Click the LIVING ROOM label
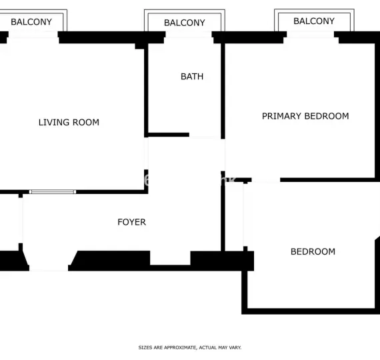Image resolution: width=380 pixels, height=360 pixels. [x=69, y=122]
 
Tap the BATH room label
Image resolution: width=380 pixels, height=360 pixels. [x=192, y=77]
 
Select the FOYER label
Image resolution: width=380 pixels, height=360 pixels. [x=131, y=222]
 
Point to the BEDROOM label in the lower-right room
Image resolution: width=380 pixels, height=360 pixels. [x=313, y=251]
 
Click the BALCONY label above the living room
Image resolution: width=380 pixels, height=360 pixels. [x=31, y=22]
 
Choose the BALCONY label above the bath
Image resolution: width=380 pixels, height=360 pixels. [x=185, y=23]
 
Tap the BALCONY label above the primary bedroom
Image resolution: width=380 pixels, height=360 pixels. [x=314, y=21]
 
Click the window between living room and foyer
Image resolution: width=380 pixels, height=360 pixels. [x=53, y=192]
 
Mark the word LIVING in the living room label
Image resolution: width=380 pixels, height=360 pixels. [x=52, y=122]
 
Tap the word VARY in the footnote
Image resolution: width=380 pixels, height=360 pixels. [x=235, y=347]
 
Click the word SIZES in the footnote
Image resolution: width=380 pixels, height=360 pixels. [x=146, y=347]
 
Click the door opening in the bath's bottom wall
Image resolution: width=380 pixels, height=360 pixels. [x=205, y=136]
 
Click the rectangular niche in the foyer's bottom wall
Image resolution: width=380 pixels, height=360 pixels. [x=170, y=258]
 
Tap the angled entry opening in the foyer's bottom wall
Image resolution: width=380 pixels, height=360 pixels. [x=49, y=261]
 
